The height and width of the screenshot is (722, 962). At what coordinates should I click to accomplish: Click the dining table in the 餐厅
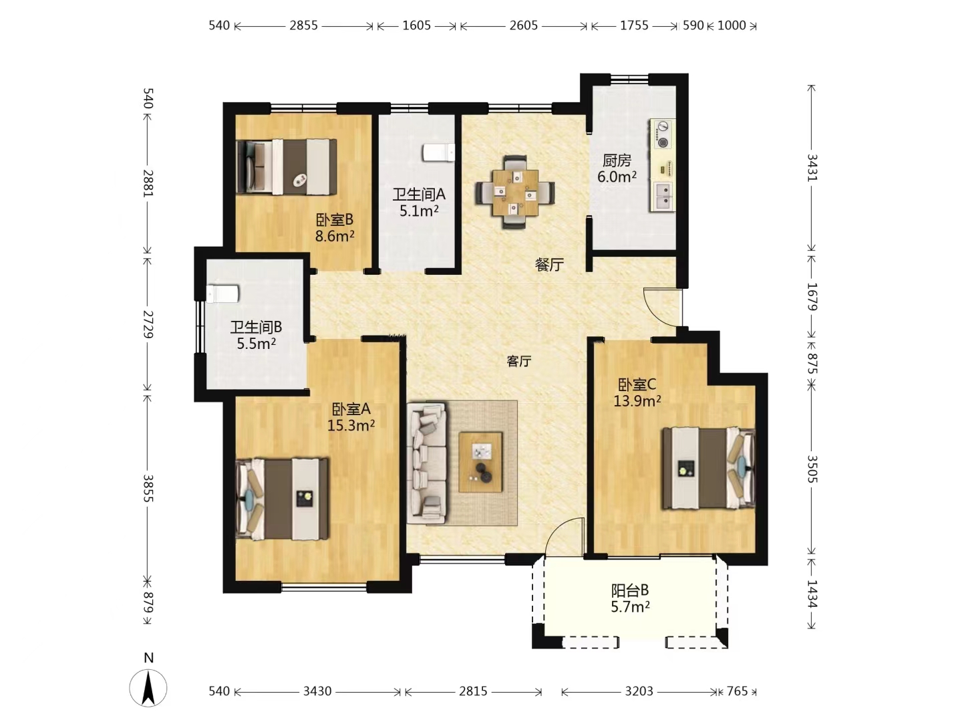tap(515, 193)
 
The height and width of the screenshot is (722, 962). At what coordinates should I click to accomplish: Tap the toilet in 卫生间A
tap(439, 152)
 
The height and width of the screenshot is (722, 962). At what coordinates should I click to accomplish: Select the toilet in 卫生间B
tap(222, 293)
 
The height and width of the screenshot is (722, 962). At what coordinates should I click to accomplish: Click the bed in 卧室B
tap(287, 166)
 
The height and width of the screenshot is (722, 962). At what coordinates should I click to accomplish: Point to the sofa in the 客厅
tap(426, 463)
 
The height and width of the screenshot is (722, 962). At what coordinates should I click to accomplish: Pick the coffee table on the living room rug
tap(480, 462)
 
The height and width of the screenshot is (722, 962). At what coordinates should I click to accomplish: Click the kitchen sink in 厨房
tap(664, 195)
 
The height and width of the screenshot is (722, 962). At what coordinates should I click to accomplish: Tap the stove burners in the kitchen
tap(663, 134)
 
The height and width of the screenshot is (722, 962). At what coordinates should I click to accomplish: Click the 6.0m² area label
tap(617, 176)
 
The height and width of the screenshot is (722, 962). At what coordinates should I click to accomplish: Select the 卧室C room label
tap(637, 384)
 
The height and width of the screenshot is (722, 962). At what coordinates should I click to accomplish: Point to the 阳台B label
tap(630, 590)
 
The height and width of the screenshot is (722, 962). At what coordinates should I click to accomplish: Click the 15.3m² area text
tap(351, 425)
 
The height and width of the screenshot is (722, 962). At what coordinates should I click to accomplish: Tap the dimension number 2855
tap(303, 25)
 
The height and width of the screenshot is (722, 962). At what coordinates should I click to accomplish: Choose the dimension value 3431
tap(812, 167)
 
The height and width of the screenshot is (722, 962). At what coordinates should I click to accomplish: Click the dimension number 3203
tap(639, 691)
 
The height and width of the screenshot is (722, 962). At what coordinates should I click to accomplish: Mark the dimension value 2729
tap(148, 324)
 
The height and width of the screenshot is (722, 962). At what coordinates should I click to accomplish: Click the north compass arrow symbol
tap(148, 689)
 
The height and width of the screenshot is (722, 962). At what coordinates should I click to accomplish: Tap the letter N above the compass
tap(148, 658)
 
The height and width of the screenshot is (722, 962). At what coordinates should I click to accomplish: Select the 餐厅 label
tap(549, 265)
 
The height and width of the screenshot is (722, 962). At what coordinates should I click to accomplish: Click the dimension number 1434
tap(812, 594)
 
